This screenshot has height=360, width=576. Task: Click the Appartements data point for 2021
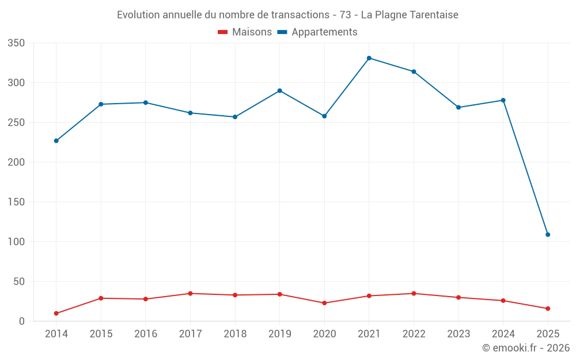[x=369, y=58]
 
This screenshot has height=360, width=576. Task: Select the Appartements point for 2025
[x=548, y=234]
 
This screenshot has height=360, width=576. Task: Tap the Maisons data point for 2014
[x=56, y=313]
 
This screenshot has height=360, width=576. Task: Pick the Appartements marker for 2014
[x=56, y=141]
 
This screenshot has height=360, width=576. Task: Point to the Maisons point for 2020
[x=324, y=303]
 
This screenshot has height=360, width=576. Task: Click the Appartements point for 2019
[x=279, y=90]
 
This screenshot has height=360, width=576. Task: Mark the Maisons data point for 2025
[x=548, y=309]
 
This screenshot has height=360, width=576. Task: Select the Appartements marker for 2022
[x=414, y=71]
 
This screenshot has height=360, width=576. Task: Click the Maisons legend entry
[x=245, y=32]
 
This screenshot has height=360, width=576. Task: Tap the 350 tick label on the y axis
[x=17, y=43]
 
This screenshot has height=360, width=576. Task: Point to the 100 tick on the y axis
[x=17, y=242]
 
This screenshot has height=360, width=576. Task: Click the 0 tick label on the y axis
[x=22, y=321]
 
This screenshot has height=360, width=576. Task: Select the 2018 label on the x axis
[x=235, y=334]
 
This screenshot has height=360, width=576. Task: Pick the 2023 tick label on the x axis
[x=458, y=334]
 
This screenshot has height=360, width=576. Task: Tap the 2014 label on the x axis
[x=56, y=334]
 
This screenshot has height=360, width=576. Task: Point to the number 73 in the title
[x=346, y=15]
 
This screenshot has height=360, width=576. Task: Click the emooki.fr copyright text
[x=526, y=348]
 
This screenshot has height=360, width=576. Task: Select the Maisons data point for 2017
[x=190, y=294]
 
